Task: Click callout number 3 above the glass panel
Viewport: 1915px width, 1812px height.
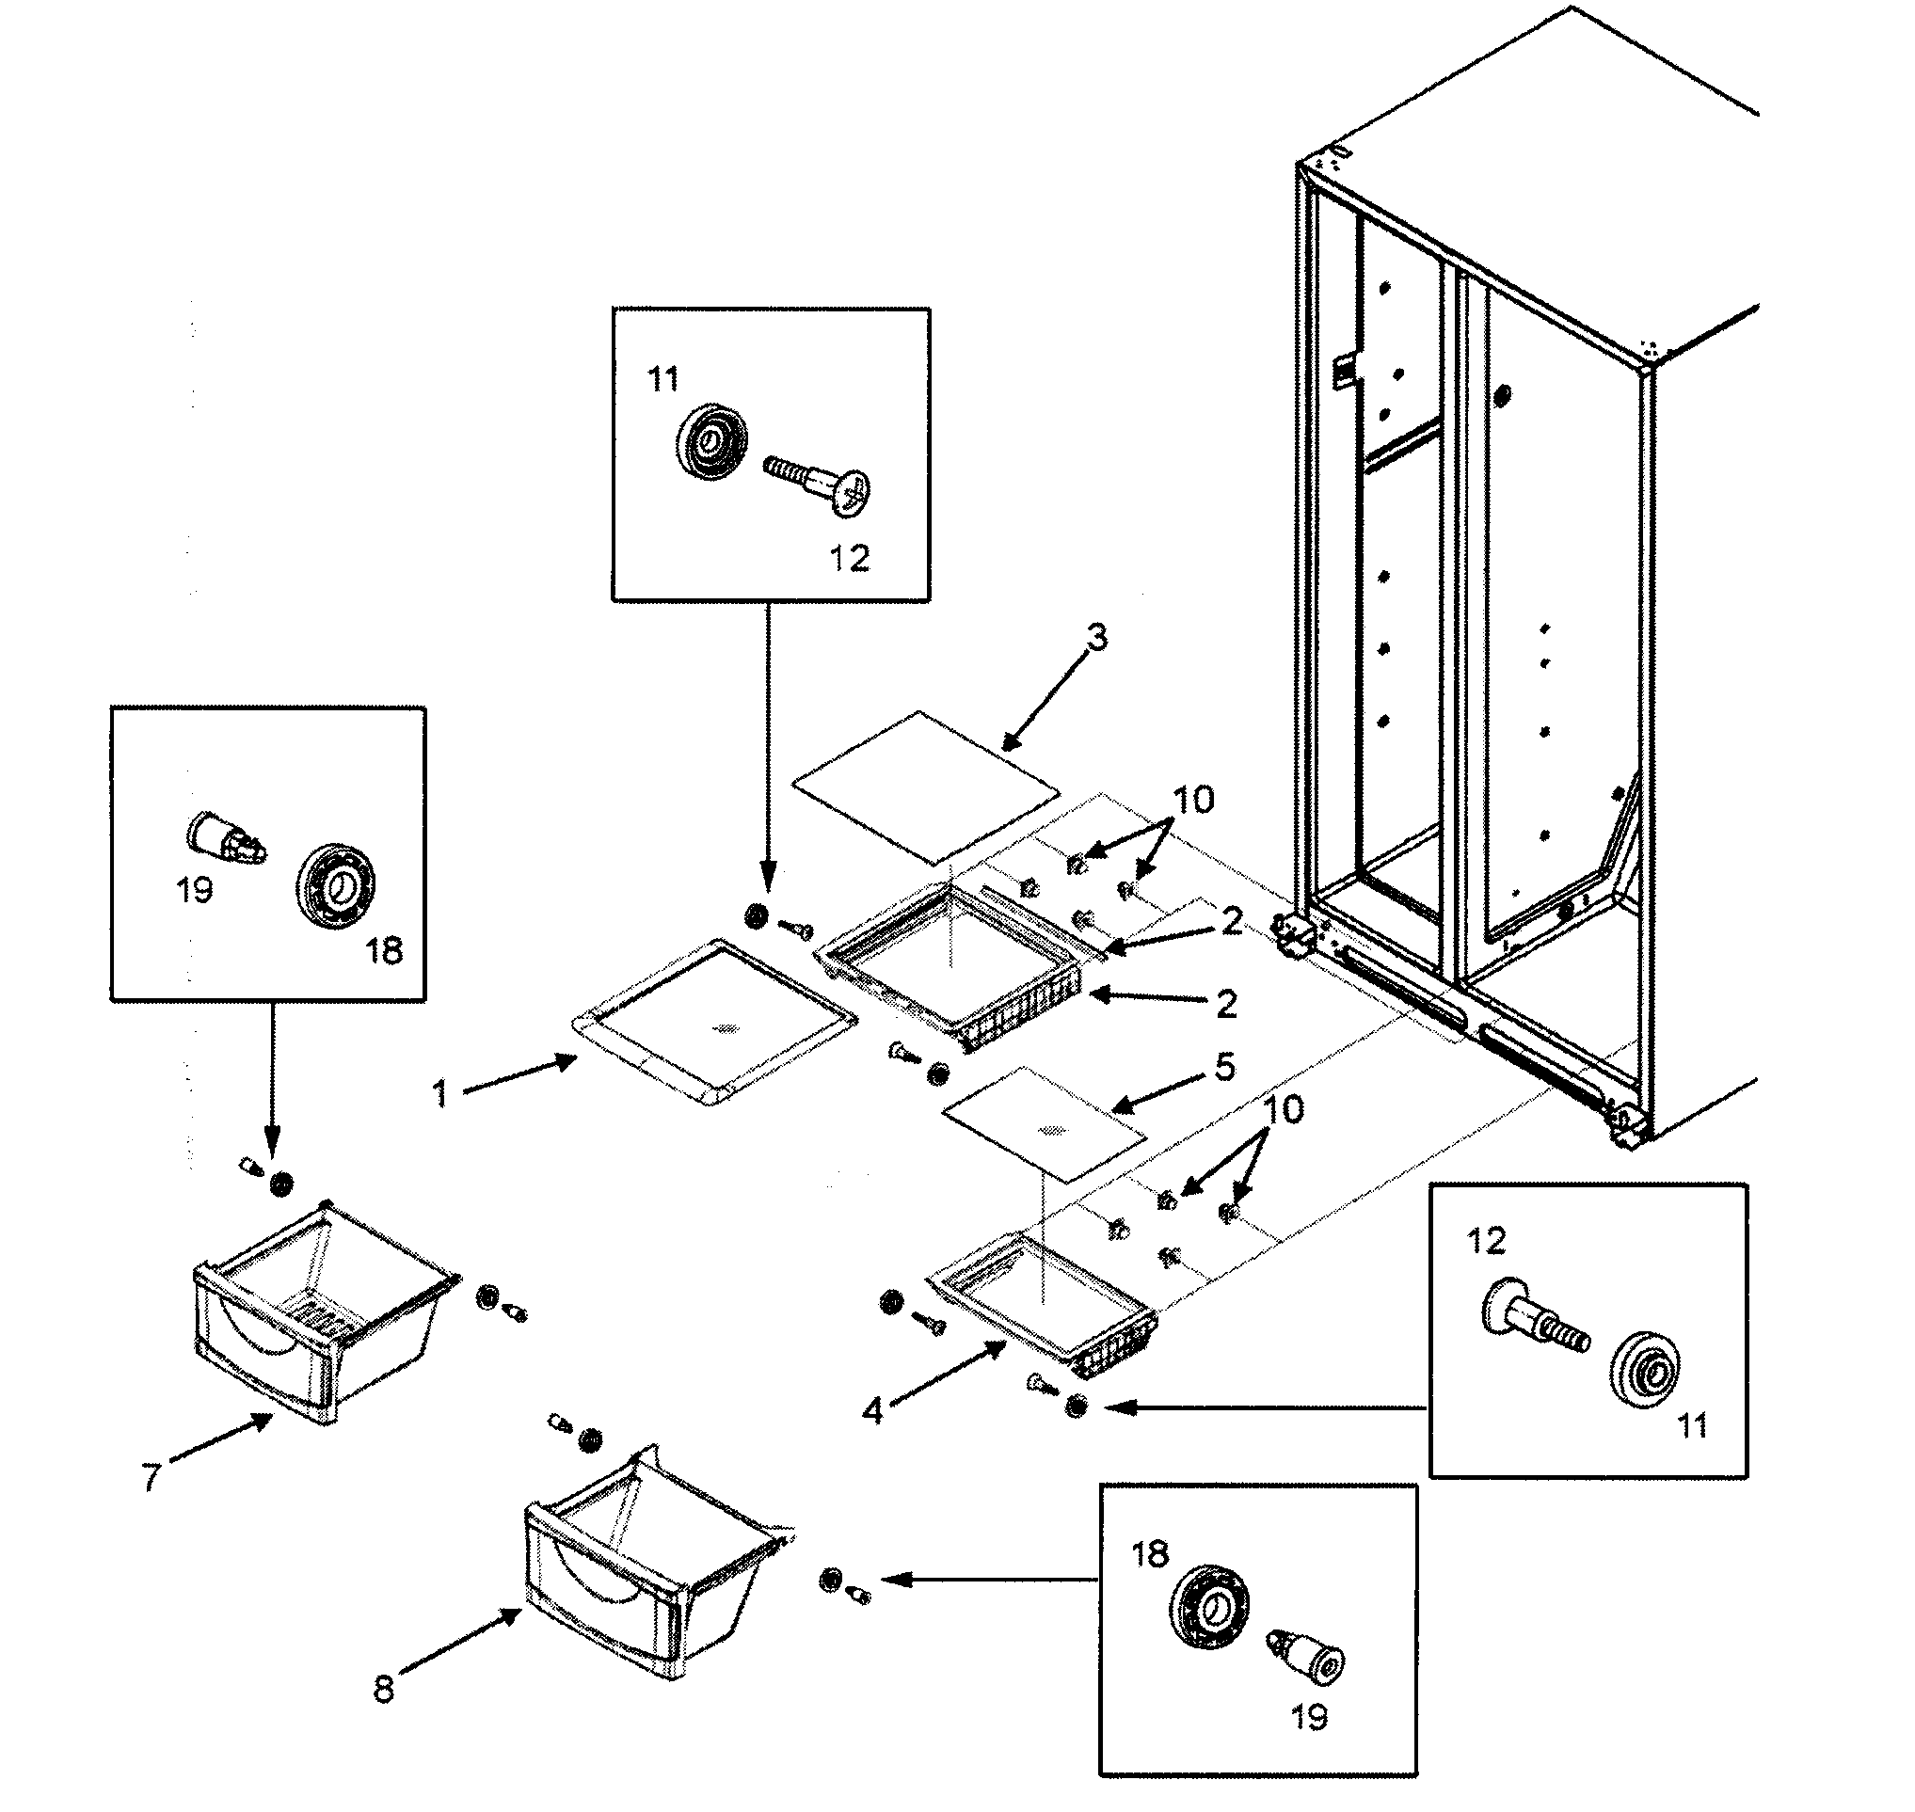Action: [1096, 638]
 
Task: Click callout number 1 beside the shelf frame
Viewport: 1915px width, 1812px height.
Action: [440, 1093]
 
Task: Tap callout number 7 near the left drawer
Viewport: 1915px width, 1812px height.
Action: [151, 1478]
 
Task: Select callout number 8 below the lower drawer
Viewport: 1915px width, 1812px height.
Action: [384, 1690]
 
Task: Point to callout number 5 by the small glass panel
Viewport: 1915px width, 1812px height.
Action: [1224, 1066]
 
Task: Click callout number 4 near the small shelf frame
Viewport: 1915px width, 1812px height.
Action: [872, 1411]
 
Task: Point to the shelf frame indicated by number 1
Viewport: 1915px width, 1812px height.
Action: [715, 1024]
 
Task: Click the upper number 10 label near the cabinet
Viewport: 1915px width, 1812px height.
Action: [1193, 800]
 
